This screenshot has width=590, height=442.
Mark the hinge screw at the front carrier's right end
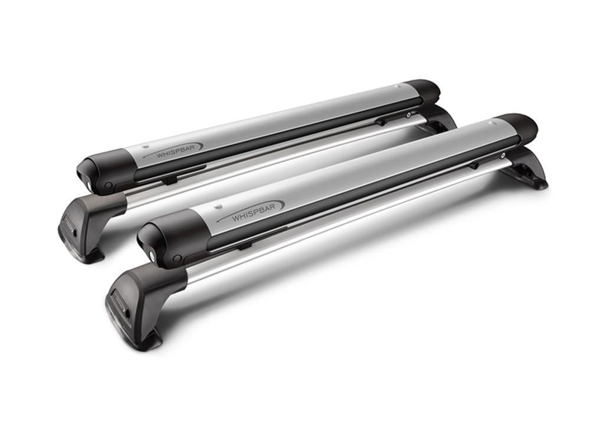click(503, 156)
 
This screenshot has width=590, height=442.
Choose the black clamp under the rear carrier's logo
click(168, 179)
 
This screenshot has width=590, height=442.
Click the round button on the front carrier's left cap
click(176, 259)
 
